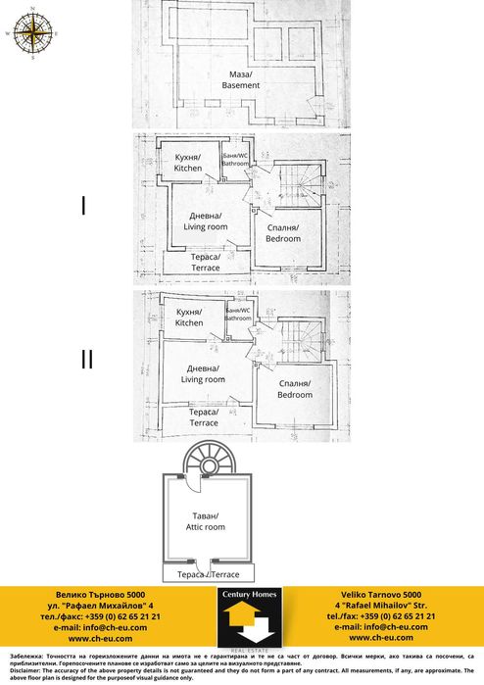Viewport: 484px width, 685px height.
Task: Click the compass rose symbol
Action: pos(32,33)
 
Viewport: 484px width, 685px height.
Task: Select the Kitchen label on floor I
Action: pos(188,164)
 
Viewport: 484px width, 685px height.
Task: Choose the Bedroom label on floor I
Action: pos(283,233)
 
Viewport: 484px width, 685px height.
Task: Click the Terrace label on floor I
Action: pos(206,263)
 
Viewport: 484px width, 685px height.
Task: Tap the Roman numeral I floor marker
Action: pos(84,207)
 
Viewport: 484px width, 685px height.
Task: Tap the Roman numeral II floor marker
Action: pos(86,360)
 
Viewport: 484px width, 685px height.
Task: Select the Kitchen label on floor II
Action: pos(189,318)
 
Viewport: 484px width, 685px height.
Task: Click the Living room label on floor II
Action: pos(203,374)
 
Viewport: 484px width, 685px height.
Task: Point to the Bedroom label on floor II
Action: pos(294,389)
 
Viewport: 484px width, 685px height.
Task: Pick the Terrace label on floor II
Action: pos(203,417)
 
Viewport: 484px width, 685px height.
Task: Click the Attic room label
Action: pos(205,521)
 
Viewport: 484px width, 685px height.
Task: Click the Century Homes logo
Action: pos(249,617)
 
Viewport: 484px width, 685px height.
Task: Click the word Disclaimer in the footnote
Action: pos(24,665)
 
